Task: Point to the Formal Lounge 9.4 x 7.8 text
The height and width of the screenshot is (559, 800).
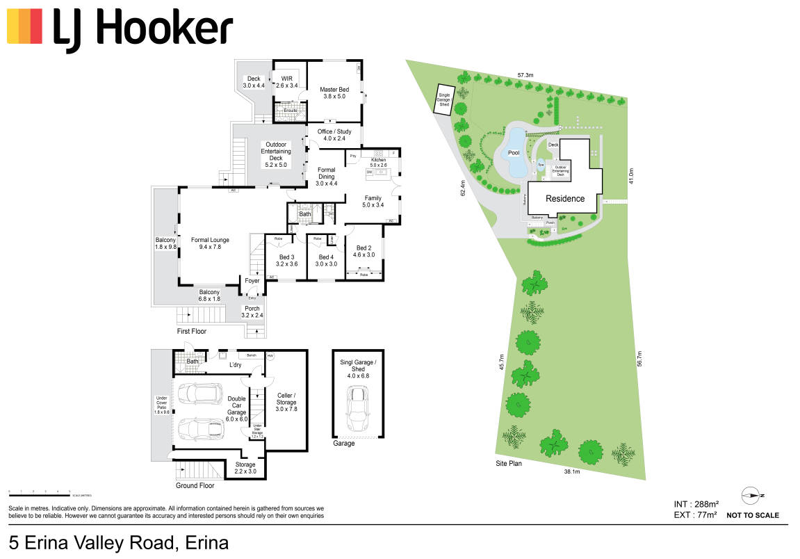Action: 211,243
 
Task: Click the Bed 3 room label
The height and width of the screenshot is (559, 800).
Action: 286,261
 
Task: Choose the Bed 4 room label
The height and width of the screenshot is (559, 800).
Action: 326,261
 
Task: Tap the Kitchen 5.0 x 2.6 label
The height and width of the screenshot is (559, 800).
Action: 378,163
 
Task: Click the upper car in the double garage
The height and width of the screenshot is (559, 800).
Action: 197,394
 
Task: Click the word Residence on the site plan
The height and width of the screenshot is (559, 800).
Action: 564,198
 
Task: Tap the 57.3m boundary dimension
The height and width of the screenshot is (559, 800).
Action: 525,74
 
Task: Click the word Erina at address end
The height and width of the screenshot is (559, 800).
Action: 206,542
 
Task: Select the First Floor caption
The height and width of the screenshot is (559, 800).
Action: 192,332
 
